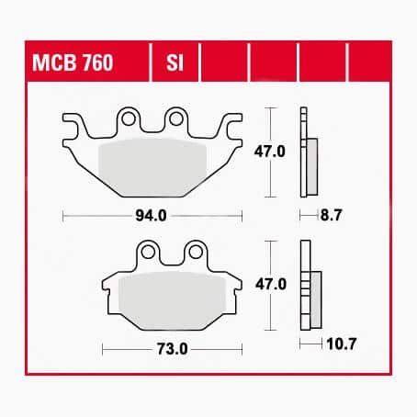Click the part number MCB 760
pos(73,62)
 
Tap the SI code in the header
pos(175,62)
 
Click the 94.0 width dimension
pos(151,216)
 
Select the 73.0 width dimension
pos(172,349)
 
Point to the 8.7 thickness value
pos(331,215)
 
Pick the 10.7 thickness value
pos(342,344)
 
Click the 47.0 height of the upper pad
pos(269,152)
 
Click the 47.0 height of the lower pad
pos(271,285)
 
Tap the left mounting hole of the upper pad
pos(129,118)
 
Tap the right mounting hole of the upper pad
pos(176,118)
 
